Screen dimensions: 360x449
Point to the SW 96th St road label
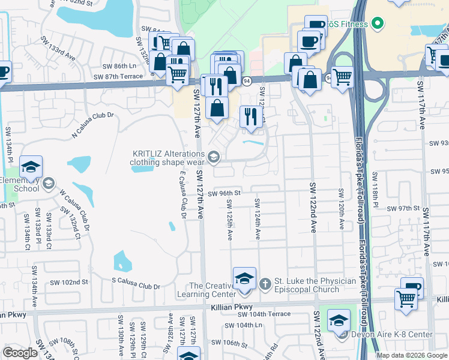[224, 193]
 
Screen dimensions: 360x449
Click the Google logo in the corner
[20, 353]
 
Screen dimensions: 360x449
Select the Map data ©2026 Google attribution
[412, 355]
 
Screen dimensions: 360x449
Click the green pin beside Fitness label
[377, 24]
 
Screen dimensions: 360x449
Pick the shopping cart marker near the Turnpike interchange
[342, 77]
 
